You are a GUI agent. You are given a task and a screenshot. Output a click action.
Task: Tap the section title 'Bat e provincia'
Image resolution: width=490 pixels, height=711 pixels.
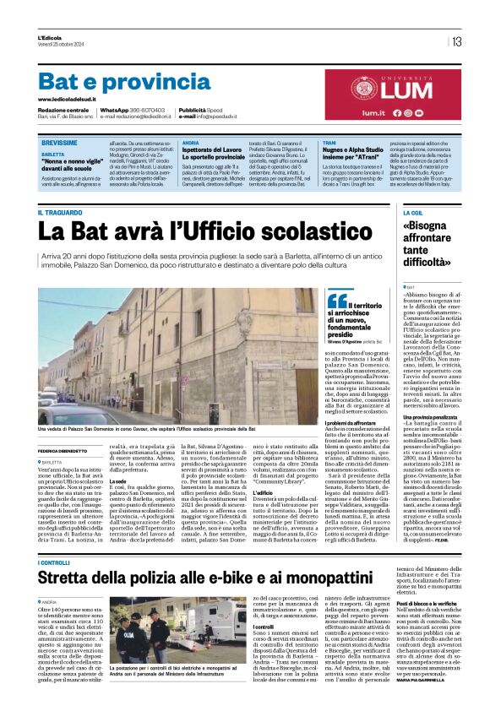tap(112, 81)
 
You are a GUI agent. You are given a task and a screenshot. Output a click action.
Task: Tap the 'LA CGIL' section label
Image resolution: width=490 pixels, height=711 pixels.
tap(413, 212)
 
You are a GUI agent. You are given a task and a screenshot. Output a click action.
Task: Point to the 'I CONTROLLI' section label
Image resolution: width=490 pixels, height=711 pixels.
tap(54, 562)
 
